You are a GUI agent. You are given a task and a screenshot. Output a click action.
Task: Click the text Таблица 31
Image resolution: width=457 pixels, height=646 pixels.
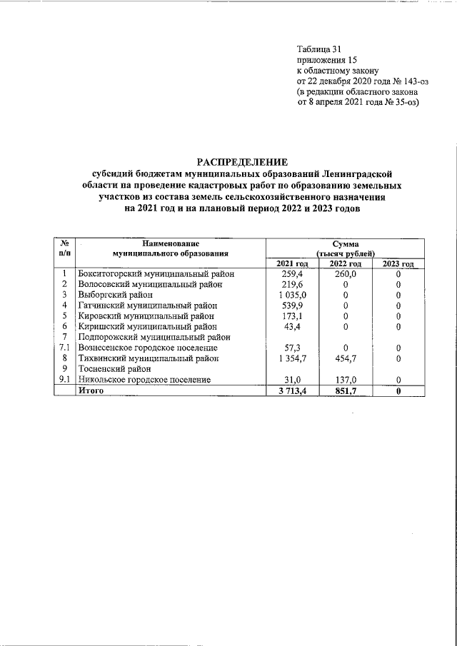click(x=320, y=49)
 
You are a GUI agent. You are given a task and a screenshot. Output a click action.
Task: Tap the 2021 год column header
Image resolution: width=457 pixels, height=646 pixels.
click(x=292, y=264)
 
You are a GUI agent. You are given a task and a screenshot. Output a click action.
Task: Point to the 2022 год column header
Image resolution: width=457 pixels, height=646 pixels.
click(x=345, y=264)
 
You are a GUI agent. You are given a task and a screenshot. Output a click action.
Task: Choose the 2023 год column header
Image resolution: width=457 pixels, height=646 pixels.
click(x=398, y=264)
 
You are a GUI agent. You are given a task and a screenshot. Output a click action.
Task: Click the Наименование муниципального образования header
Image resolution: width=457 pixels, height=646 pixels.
click(x=170, y=248)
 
